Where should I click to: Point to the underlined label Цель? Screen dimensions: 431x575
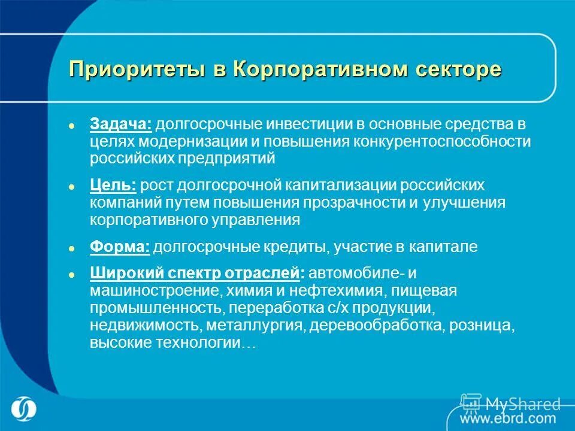point(113,186)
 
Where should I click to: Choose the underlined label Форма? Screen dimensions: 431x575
point(120,247)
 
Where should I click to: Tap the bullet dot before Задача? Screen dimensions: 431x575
point(71,126)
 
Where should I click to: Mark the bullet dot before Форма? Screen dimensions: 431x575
point(71,248)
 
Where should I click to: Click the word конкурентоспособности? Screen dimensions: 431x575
point(443,142)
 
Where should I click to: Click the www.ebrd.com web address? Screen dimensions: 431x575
point(509,418)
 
